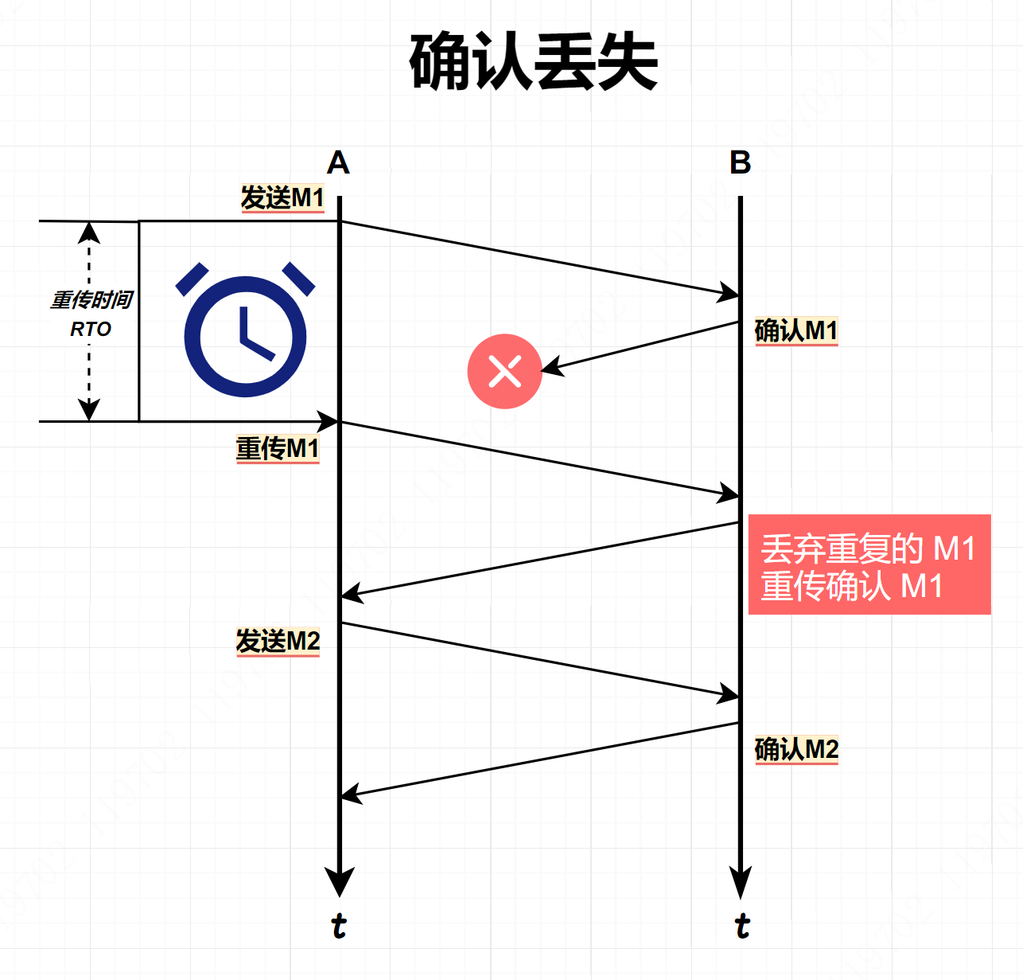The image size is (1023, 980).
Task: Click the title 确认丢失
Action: [533, 61]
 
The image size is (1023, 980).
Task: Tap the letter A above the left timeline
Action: [338, 163]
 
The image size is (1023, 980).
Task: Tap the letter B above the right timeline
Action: [740, 163]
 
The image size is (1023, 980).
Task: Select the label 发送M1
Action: [282, 197]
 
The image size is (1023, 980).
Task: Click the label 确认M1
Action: [795, 330]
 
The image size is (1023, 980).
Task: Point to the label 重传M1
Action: [278, 448]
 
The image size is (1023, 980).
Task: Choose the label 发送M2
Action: [278, 641]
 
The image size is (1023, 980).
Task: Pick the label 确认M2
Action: [796, 749]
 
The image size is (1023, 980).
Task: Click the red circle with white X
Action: [504, 371]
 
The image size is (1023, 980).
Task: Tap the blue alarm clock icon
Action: [245, 330]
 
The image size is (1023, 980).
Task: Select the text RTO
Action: [91, 329]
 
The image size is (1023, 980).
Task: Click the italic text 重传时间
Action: [91, 300]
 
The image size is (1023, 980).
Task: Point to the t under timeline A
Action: [339, 926]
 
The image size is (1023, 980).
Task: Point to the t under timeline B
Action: [741, 926]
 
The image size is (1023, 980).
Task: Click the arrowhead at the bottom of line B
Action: [741, 882]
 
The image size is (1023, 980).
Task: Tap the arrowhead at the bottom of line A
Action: [340, 882]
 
